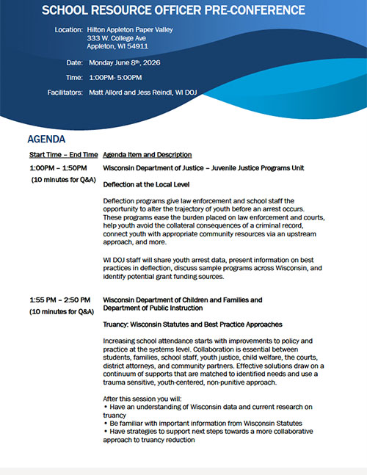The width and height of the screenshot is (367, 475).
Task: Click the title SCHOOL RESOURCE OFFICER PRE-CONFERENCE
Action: pos(173,10)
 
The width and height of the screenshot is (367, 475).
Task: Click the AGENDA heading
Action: pos(46,139)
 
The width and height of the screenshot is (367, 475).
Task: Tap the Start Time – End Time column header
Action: pos(63,155)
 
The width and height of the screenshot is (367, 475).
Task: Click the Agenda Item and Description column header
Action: pos(148,155)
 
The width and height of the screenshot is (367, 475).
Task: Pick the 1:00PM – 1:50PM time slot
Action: pos(59,168)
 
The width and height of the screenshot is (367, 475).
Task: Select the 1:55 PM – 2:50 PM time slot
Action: pos(60,300)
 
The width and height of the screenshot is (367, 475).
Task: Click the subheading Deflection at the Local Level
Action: pos(146,184)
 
